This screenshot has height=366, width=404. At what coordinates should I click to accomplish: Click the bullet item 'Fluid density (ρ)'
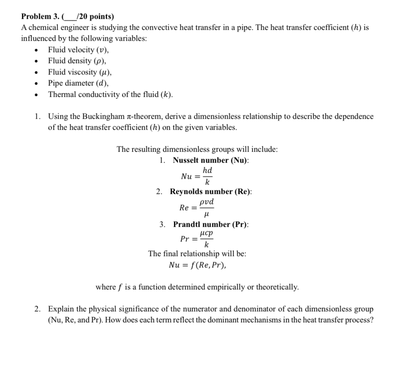(77, 61)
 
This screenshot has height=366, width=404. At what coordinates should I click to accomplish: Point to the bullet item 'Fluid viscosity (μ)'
(80, 72)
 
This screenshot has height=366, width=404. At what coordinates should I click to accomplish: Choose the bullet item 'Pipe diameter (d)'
(78, 83)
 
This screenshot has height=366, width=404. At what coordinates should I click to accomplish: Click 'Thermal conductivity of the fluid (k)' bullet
(110, 95)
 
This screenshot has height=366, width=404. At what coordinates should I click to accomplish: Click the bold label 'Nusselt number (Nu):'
(211, 160)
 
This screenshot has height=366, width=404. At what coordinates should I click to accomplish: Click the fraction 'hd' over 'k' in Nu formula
(207, 176)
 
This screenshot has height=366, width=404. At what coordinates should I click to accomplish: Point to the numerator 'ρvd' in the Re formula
(207, 202)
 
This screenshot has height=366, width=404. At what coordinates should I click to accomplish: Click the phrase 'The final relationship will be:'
(197, 254)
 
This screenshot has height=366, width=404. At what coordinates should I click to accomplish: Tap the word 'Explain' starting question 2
(59, 309)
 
